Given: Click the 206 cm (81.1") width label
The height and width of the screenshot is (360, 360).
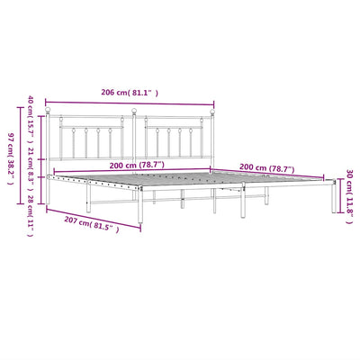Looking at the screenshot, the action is (130, 93).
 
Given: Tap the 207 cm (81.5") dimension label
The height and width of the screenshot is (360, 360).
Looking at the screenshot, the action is (92, 225).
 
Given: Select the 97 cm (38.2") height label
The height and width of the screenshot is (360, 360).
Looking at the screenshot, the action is (10, 158).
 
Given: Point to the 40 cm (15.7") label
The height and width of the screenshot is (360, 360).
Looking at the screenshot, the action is (31, 119).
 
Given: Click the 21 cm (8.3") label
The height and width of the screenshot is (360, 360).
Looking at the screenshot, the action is (31, 169).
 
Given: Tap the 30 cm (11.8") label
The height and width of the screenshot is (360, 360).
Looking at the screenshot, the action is (349, 197).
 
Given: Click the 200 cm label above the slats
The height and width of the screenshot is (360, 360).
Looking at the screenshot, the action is (137, 165).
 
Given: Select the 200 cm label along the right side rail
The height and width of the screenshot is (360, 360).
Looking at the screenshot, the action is (267, 168).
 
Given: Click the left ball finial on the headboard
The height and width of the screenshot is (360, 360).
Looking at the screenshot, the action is (48, 110).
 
